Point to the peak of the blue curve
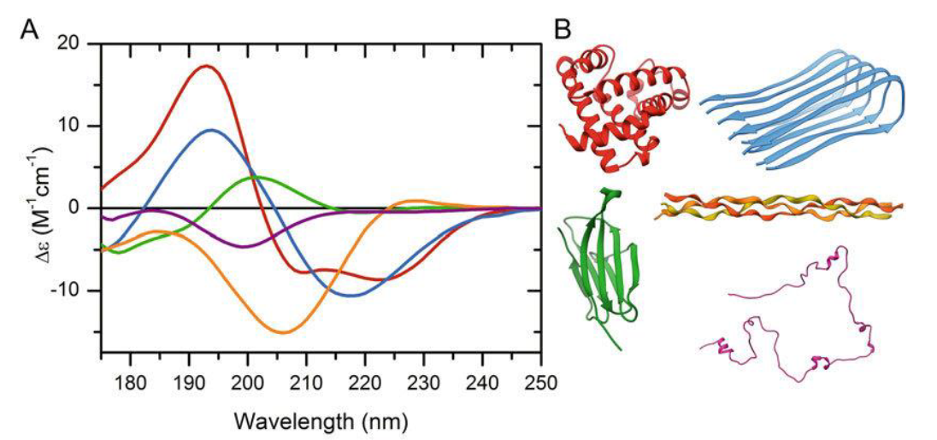coord(211,130)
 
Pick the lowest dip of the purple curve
coord(245,247)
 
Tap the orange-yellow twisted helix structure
coord(778,207)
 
